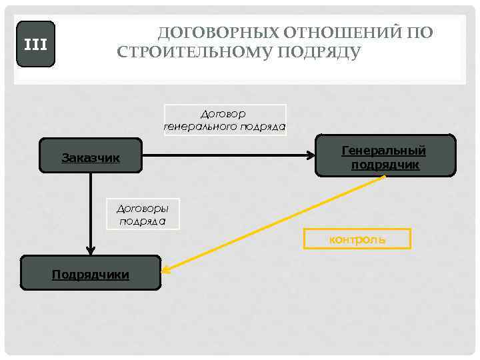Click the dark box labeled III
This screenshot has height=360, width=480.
35,45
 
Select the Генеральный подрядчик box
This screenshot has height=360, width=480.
385,156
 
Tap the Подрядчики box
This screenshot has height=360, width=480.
91,273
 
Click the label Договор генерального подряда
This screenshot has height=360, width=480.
225,120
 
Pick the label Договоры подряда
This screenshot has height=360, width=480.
143,213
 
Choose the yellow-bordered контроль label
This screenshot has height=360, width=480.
357,239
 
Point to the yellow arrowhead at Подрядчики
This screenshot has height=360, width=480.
166,269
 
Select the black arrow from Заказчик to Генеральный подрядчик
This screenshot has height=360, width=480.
227,156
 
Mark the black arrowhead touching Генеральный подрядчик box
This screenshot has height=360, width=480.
311,156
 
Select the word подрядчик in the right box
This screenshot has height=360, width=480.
385,164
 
